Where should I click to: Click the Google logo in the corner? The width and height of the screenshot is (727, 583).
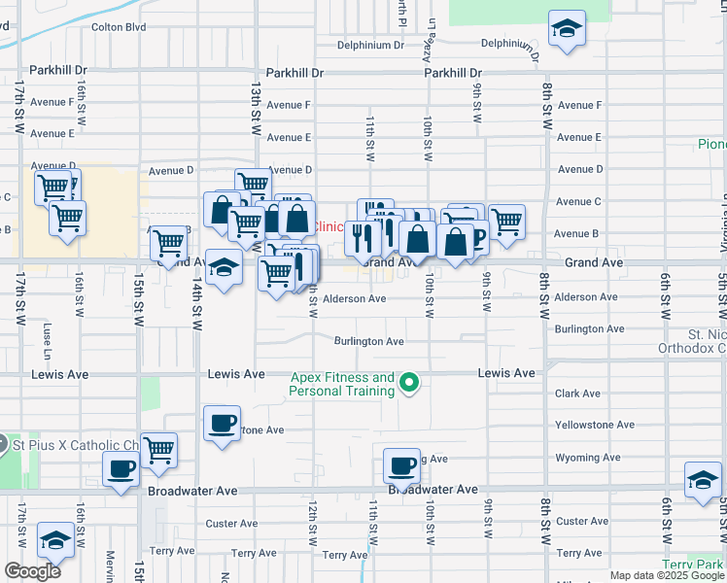point(32,571)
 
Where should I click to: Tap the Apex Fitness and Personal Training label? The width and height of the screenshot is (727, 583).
point(341,384)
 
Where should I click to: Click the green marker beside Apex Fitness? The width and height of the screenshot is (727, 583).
point(409,383)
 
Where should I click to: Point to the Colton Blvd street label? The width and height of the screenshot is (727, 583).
point(118,27)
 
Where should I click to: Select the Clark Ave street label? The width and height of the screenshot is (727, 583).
point(577,394)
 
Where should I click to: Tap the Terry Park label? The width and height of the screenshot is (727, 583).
point(695,565)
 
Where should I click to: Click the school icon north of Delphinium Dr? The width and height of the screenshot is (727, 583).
point(567,29)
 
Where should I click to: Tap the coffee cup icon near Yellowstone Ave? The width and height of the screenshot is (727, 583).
point(223,424)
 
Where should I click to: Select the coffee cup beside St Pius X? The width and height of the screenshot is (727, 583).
point(121,469)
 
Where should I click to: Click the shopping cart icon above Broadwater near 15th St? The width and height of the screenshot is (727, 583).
point(158,450)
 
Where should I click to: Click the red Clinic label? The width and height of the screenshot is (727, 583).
point(329,226)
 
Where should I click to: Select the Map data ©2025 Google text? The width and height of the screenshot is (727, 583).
point(667,575)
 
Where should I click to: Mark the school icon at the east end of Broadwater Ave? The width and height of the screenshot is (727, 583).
point(703,479)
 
